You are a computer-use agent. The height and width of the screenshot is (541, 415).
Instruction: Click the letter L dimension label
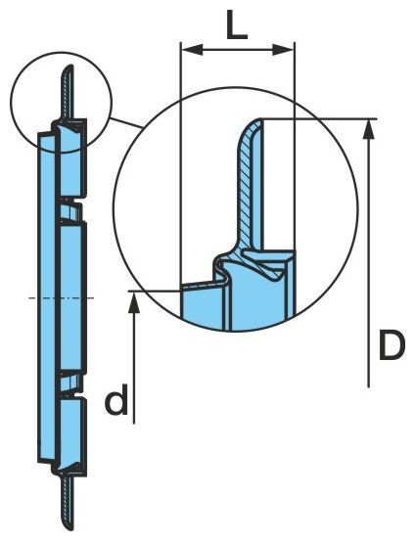pos(237,24)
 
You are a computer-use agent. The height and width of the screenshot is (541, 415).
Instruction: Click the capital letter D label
pos(392,345)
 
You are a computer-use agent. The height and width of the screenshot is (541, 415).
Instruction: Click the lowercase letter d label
pos(116,399)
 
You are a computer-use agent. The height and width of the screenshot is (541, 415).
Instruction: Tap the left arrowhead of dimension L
pos(192,50)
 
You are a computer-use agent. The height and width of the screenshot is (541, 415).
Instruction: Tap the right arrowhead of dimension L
pos(283,50)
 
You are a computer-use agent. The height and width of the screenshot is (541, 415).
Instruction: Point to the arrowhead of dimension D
pos(369,130)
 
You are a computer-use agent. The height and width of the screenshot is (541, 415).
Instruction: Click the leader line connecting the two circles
pos(126,123)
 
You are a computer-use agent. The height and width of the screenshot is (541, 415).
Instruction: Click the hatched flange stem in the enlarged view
pos(246,186)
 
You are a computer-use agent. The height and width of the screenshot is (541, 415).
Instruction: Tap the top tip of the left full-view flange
pos(70,66)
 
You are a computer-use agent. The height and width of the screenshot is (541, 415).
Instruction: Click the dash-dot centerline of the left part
pos(62,297)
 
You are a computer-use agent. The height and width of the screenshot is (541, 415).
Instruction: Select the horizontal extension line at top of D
pos(319,119)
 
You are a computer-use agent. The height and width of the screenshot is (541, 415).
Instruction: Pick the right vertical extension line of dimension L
pos(295,145)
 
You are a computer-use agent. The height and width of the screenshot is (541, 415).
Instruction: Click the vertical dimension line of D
pos(369,253)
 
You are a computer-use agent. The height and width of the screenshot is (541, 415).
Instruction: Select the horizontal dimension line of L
pos(238,50)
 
